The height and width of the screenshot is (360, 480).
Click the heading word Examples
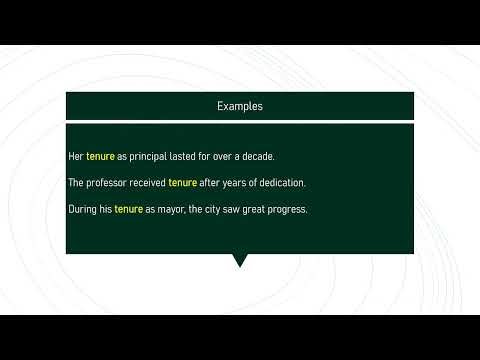point(239,105)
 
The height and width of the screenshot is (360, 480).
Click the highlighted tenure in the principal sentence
point(101,157)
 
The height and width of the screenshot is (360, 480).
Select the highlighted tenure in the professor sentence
point(182,183)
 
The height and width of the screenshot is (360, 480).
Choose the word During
point(82,209)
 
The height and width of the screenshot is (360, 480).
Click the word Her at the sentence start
point(75,157)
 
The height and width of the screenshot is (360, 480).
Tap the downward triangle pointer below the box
point(239,261)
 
